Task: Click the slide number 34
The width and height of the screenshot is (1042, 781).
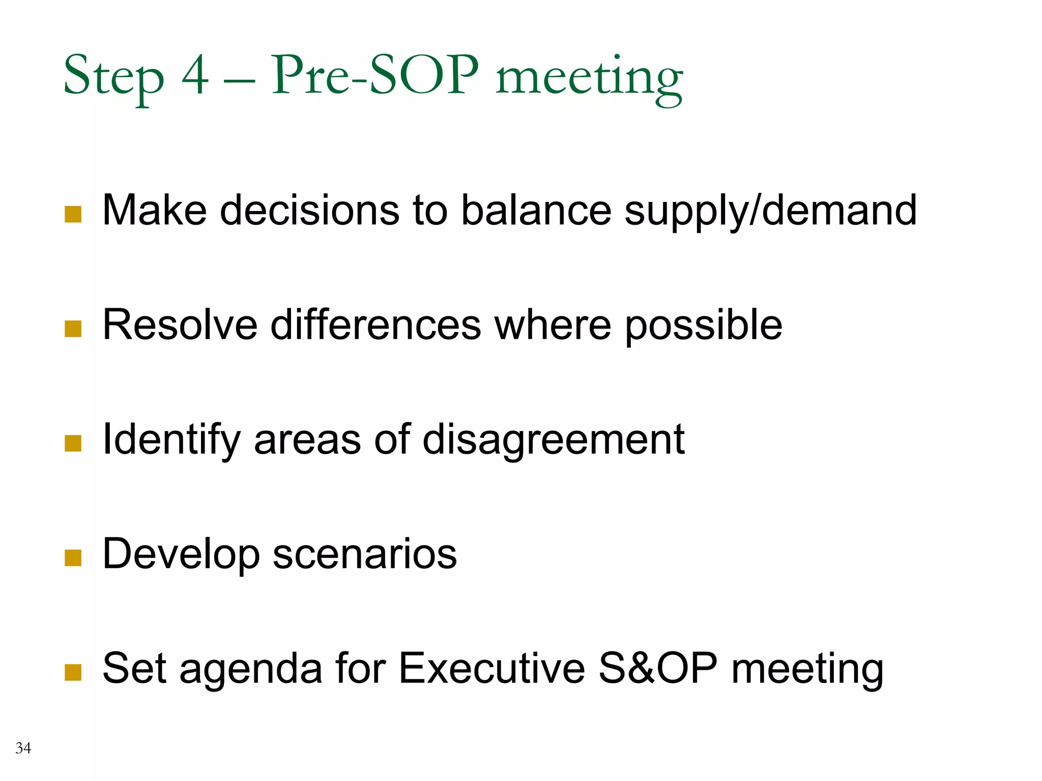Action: [23, 748]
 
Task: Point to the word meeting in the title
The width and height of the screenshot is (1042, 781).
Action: [589, 79]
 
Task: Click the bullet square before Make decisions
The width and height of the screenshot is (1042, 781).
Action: [73, 214]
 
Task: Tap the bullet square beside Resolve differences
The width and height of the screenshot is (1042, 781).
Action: [73, 329]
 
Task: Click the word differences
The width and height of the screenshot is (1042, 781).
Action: [375, 325]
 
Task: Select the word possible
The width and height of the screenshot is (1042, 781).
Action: [703, 326]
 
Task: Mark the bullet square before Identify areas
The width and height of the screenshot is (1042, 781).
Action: [73, 443]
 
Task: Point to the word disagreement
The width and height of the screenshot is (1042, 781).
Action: [554, 440]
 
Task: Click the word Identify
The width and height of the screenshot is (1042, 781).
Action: [171, 440]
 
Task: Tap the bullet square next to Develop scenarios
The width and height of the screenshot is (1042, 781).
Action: [73, 558]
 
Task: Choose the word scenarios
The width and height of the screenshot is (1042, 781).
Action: [365, 554]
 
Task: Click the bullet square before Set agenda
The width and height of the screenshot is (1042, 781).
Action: [73, 672]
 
